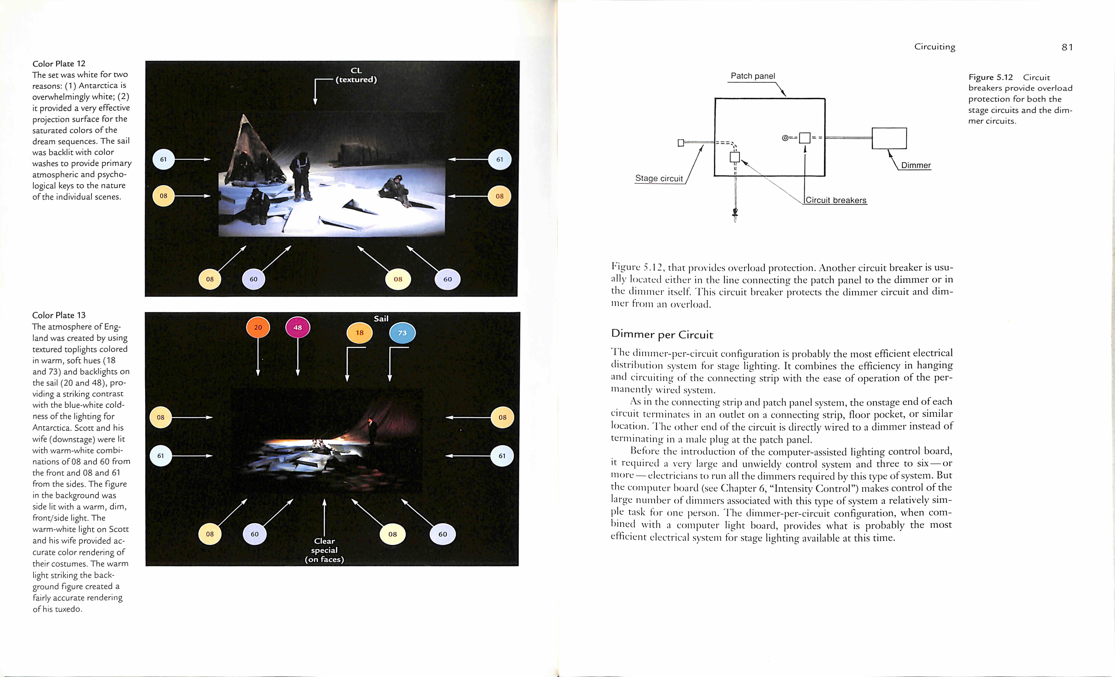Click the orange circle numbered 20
click(258, 327)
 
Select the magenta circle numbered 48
click(298, 327)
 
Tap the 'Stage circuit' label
click(659, 178)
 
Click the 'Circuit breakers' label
click(836, 200)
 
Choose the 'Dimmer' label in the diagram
click(916, 165)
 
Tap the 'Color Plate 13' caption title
click(59, 315)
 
